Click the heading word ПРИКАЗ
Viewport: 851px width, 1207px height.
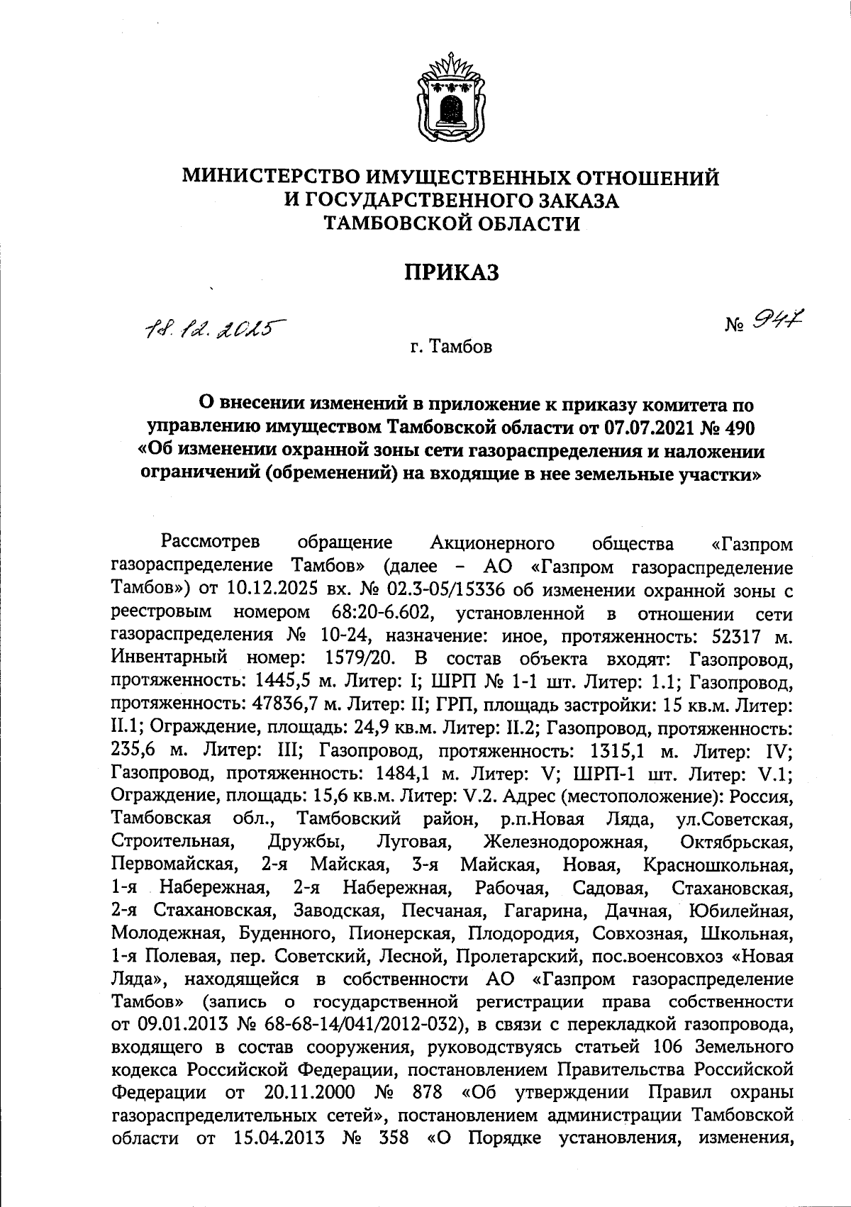pos(451,272)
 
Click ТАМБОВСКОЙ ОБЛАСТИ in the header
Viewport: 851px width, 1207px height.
pos(451,224)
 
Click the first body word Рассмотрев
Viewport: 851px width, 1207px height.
pos(211,543)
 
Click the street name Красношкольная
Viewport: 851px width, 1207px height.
pos(717,865)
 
